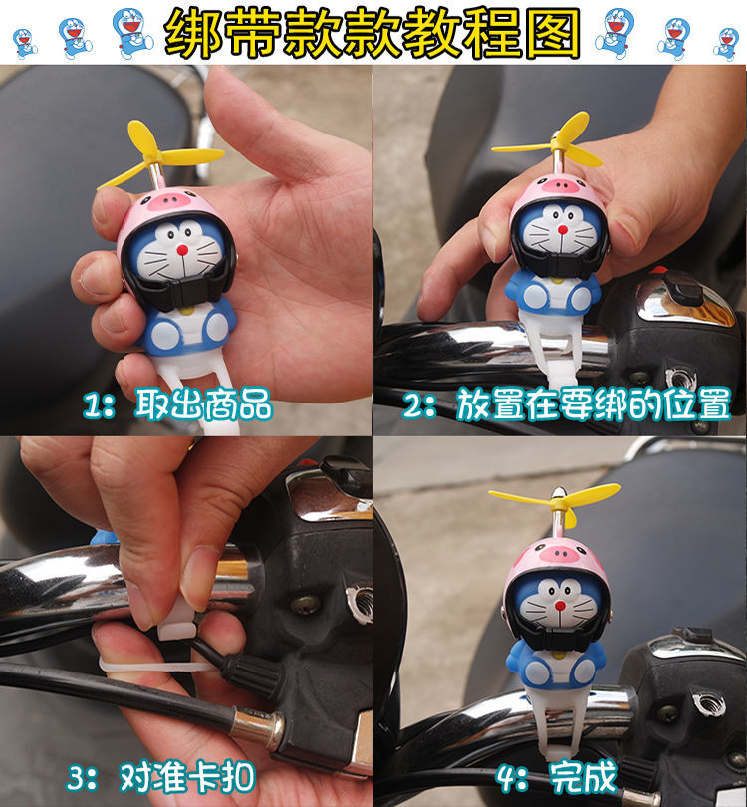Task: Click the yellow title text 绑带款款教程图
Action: pos(373,33)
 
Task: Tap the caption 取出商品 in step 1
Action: pos(203,404)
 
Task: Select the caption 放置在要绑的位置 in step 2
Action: pos(594,404)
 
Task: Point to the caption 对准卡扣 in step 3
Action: pos(187,777)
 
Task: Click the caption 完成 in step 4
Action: pos(583,777)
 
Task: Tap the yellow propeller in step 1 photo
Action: pos(159,152)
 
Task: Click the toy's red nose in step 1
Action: pos(182,251)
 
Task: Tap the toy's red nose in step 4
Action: pos(559,606)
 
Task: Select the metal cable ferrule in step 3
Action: pos(256,725)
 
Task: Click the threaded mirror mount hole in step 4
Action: pos(707,705)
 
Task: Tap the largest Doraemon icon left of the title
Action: pos(132,33)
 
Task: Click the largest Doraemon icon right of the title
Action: pos(616,33)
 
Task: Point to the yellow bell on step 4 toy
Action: pos(558,655)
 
